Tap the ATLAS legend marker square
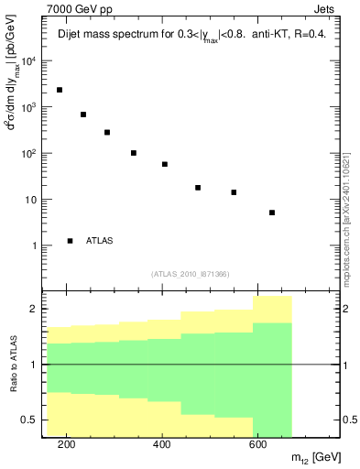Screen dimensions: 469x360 [70, 241]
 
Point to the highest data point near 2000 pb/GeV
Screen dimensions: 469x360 [60, 90]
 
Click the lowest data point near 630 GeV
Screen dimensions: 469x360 [272, 213]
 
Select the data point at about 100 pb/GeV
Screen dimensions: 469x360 [134, 153]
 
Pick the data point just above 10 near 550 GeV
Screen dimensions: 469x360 [234, 192]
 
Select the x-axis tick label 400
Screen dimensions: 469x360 [162, 445]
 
